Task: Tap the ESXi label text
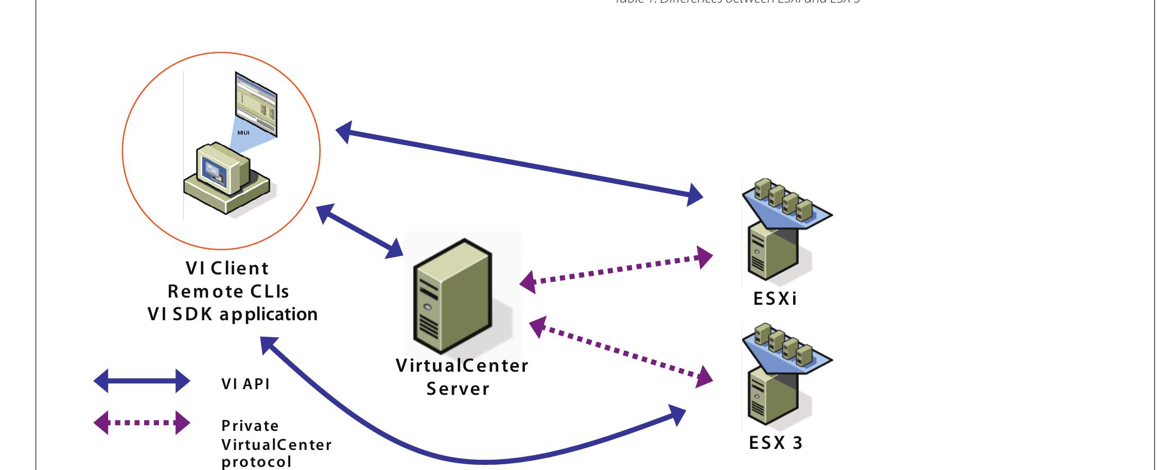coord(775,299)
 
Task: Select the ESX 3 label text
coord(776,443)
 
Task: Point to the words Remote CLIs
coord(228,291)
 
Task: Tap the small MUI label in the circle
coord(243,133)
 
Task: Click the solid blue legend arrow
coord(142,381)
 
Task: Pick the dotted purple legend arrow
coord(142,423)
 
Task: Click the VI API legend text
coord(246,384)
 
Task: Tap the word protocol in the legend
coord(256,462)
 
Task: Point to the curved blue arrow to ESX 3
coord(463,458)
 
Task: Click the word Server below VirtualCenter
coord(458,389)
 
